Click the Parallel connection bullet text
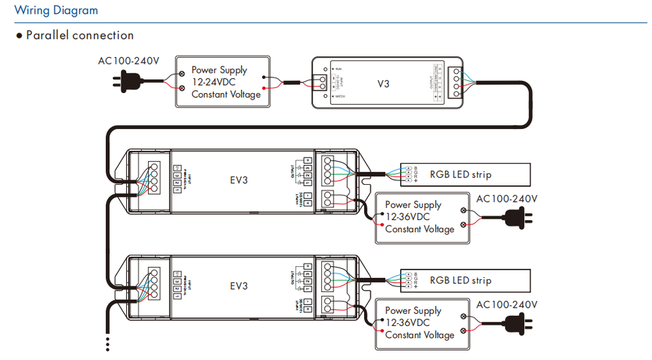click(x=79, y=35)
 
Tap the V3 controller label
click(x=384, y=84)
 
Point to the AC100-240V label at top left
click(x=129, y=61)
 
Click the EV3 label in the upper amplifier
click(x=238, y=180)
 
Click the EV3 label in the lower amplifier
click(x=238, y=286)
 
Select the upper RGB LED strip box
click(x=465, y=175)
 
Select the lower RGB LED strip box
click(x=465, y=280)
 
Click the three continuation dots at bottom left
click(x=107, y=343)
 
